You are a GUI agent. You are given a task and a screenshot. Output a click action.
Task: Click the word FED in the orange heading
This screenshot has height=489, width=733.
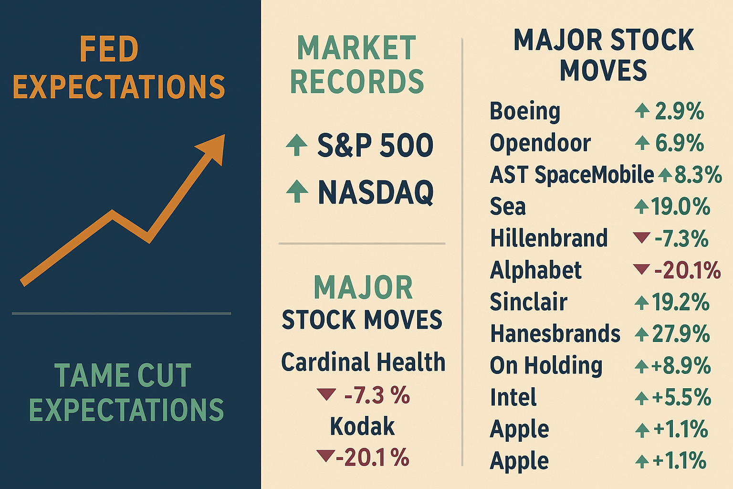pos(109,49)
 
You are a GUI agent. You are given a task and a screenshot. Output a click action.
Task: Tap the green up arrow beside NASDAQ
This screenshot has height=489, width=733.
pos(297,191)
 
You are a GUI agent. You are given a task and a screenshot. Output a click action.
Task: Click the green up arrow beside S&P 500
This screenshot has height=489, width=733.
pos(296,144)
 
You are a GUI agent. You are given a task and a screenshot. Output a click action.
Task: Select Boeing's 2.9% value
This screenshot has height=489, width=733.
pos(680,111)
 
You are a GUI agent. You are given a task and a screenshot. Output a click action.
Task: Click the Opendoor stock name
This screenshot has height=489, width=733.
pos(540,143)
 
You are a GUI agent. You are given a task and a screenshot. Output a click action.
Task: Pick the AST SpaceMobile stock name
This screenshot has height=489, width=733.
pos(572,174)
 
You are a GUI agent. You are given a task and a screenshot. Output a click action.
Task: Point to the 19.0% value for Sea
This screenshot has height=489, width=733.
pos(681,206)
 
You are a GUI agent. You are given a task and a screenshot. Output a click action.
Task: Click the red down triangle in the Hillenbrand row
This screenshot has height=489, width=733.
pos(641,237)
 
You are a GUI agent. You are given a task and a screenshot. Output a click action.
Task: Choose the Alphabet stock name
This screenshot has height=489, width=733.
pos(536,270)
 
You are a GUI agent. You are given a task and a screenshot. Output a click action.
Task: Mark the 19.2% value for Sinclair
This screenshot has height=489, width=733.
pos(681,302)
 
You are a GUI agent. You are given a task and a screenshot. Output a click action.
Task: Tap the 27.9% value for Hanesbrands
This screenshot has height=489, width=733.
pos(681,333)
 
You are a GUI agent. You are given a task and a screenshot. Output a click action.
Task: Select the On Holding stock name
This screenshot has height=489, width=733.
pos(546,365)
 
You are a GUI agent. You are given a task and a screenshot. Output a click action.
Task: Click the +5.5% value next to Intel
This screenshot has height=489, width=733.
pos(681,397)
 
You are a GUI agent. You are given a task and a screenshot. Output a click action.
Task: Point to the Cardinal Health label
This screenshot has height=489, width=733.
pos(363,362)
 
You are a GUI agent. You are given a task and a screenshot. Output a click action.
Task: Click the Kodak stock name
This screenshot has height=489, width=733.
pos(362,426)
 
